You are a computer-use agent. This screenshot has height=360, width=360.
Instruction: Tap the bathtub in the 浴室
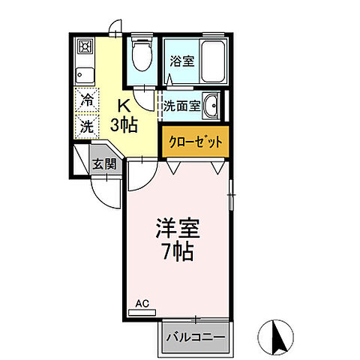click(213, 61)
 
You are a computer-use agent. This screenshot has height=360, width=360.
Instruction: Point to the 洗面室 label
click(183, 106)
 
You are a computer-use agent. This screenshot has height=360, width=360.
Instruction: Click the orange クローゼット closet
click(193, 142)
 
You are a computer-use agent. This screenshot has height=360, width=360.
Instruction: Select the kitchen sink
click(84, 75)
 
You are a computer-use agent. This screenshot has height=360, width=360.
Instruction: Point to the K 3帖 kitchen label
click(122, 116)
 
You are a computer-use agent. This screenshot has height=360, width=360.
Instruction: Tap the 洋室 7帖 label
click(177, 238)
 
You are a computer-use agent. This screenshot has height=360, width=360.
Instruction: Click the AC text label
click(142, 304)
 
